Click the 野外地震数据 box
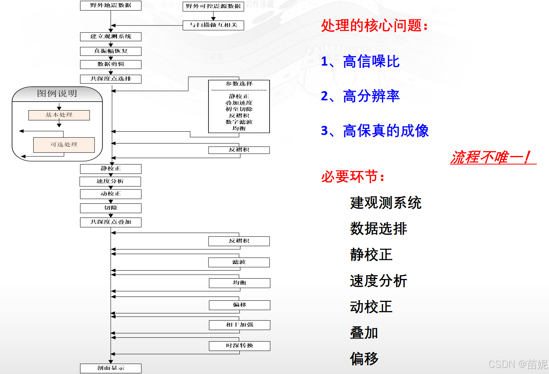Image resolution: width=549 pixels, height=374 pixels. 111,5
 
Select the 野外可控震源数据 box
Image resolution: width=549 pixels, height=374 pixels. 213,6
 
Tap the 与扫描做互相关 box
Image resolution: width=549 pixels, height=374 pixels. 213,25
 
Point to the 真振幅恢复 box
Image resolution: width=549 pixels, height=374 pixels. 111,51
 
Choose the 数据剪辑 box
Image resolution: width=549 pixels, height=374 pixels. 111,64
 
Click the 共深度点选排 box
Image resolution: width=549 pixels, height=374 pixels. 111,79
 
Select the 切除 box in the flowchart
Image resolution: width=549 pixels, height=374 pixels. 111,208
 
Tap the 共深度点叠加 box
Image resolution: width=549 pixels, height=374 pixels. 111,222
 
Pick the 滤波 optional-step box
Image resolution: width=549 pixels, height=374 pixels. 239,262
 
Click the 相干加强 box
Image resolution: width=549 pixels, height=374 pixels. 239,325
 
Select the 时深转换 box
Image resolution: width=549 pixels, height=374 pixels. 239,346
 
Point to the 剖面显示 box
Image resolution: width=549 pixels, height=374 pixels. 111,368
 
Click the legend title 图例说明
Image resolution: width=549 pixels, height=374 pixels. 57,93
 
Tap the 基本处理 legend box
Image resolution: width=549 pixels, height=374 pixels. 59,115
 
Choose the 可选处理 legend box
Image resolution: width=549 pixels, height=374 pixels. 64,145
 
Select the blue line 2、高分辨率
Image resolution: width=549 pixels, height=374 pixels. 360,96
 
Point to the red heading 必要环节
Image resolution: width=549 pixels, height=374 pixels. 353,176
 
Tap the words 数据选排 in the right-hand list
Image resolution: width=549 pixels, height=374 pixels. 379,229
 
